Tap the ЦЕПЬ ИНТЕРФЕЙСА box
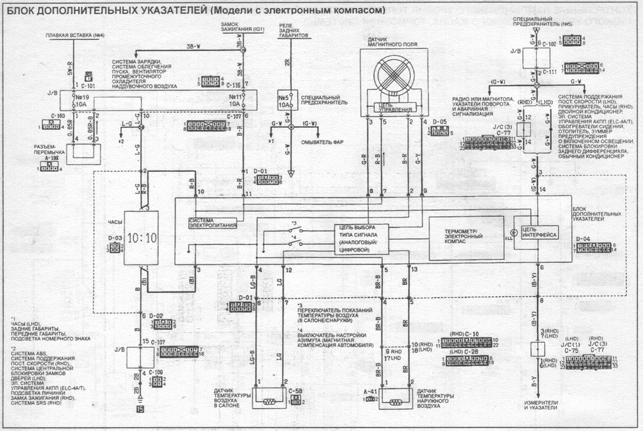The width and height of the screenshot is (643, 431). [x=539, y=232]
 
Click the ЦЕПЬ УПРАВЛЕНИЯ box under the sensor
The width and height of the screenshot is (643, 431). [x=394, y=107]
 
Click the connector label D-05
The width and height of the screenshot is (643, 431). [x=439, y=121]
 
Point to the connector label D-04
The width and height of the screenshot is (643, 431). [x=583, y=239]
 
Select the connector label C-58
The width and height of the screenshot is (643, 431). [x=296, y=390]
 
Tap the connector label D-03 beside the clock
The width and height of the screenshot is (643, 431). [x=116, y=239]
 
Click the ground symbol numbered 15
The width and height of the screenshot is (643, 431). [x=140, y=408]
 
